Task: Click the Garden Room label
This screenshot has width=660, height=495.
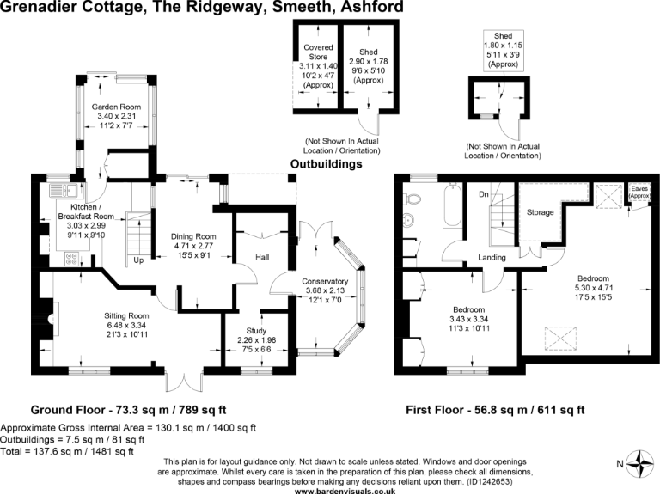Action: pyautogui.click(x=117, y=107)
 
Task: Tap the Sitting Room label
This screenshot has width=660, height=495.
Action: pyautogui.click(x=127, y=315)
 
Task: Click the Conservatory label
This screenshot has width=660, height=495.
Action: pyautogui.click(x=324, y=281)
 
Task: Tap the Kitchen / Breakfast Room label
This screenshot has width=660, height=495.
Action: pyautogui.click(x=79, y=211)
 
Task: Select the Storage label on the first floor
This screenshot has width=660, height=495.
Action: pyautogui.click(x=540, y=212)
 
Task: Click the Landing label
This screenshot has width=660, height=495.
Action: pyautogui.click(x=492, y=258)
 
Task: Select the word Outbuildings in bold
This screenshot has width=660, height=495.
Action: pyautogui.click(x=326, y=163)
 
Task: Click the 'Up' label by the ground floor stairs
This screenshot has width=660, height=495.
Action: pyautogui.click(x=137, y=260)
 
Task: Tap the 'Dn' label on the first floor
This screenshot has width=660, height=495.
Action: pyautogui.click(x=484, y=194)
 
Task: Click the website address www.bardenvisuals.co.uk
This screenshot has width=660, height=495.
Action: pyautogui.click(x=345, y=490)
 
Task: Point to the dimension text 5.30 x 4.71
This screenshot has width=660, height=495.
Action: pyautogui.click(x=592, y=288)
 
